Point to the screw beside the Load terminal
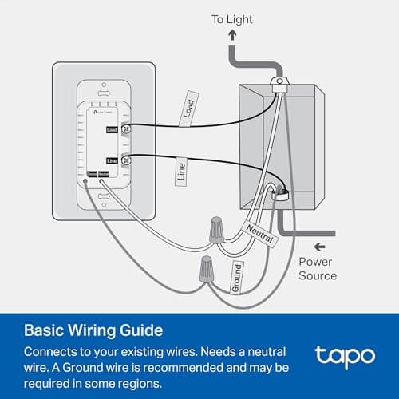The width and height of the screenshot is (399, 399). pos(125,128)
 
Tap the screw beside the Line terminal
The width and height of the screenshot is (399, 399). pos(125,160)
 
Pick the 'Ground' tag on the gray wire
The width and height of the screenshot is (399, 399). pos(237,275)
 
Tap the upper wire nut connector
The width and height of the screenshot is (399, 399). pos(213,230)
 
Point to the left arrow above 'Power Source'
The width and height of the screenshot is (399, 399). pos(320,246)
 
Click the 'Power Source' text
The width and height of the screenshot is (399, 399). pos(317,268)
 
